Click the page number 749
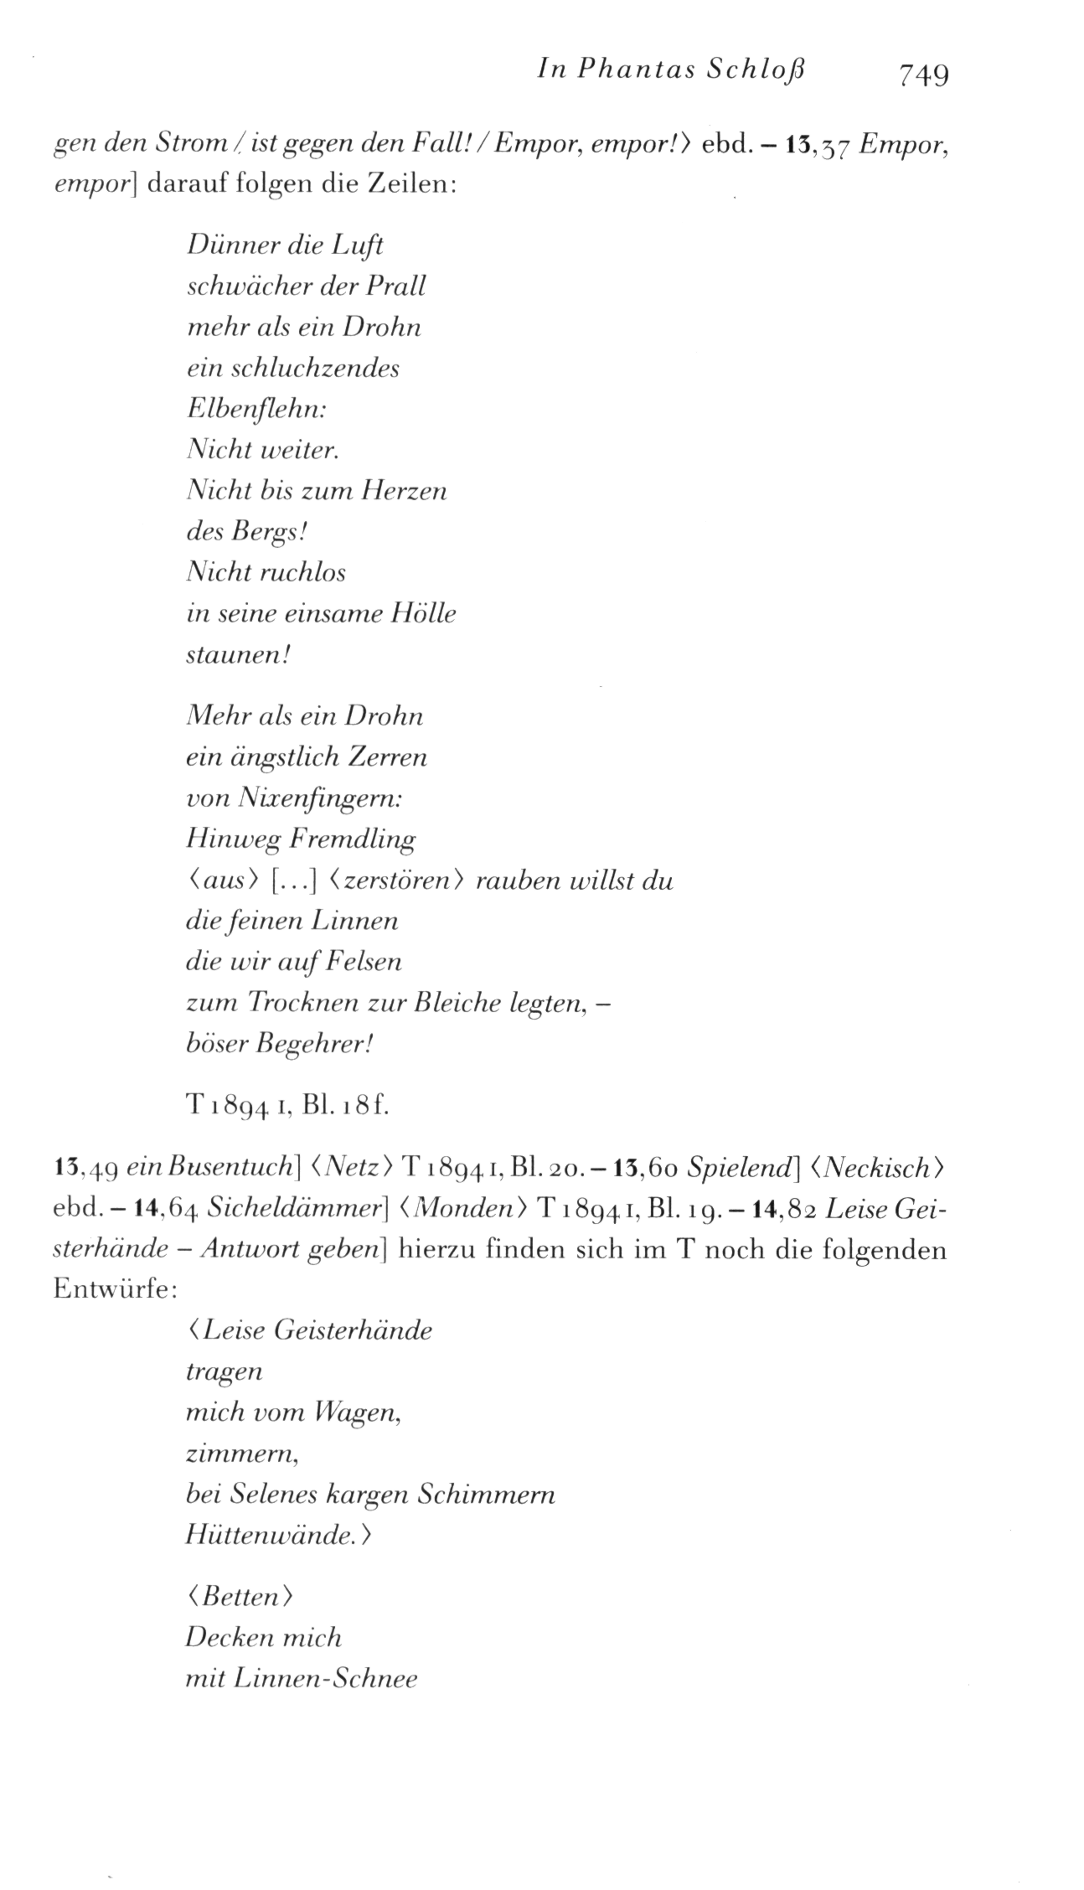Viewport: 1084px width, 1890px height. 923,75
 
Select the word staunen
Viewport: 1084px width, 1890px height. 235,654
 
